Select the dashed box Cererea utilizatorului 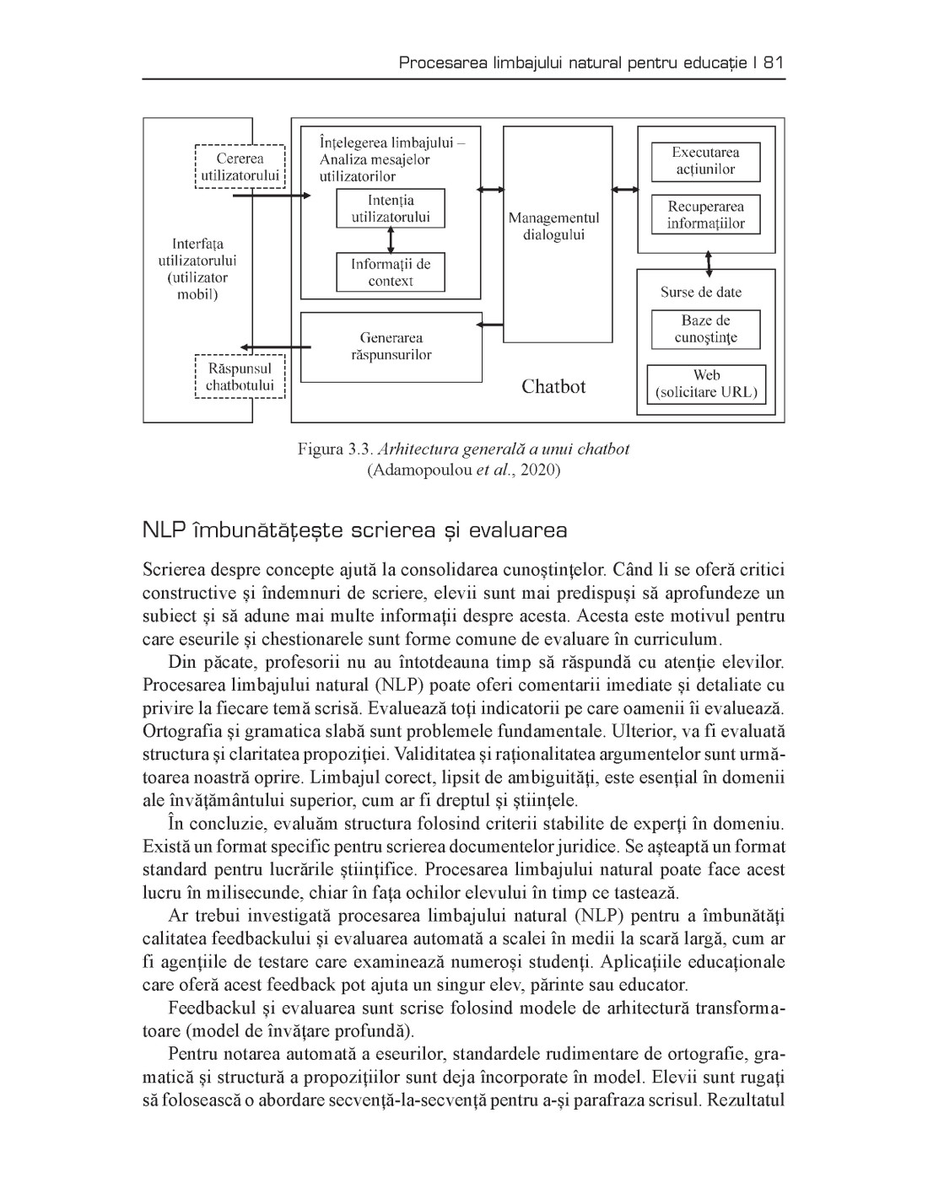(240, 166)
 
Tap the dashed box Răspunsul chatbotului (240, 377)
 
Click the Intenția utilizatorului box (391, 208)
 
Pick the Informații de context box (391, 272)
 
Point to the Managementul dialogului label (553, 227)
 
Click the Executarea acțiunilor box (705, 161)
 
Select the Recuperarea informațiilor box (705, 215)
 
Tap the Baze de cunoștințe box (705, 329)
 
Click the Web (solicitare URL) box (705, 384)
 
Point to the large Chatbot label (553, 387)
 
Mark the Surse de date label (701, 292)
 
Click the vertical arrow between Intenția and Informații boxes (391, 240)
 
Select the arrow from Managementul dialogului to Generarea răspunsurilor (490, 325)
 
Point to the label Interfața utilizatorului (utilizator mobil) (197, 269)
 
